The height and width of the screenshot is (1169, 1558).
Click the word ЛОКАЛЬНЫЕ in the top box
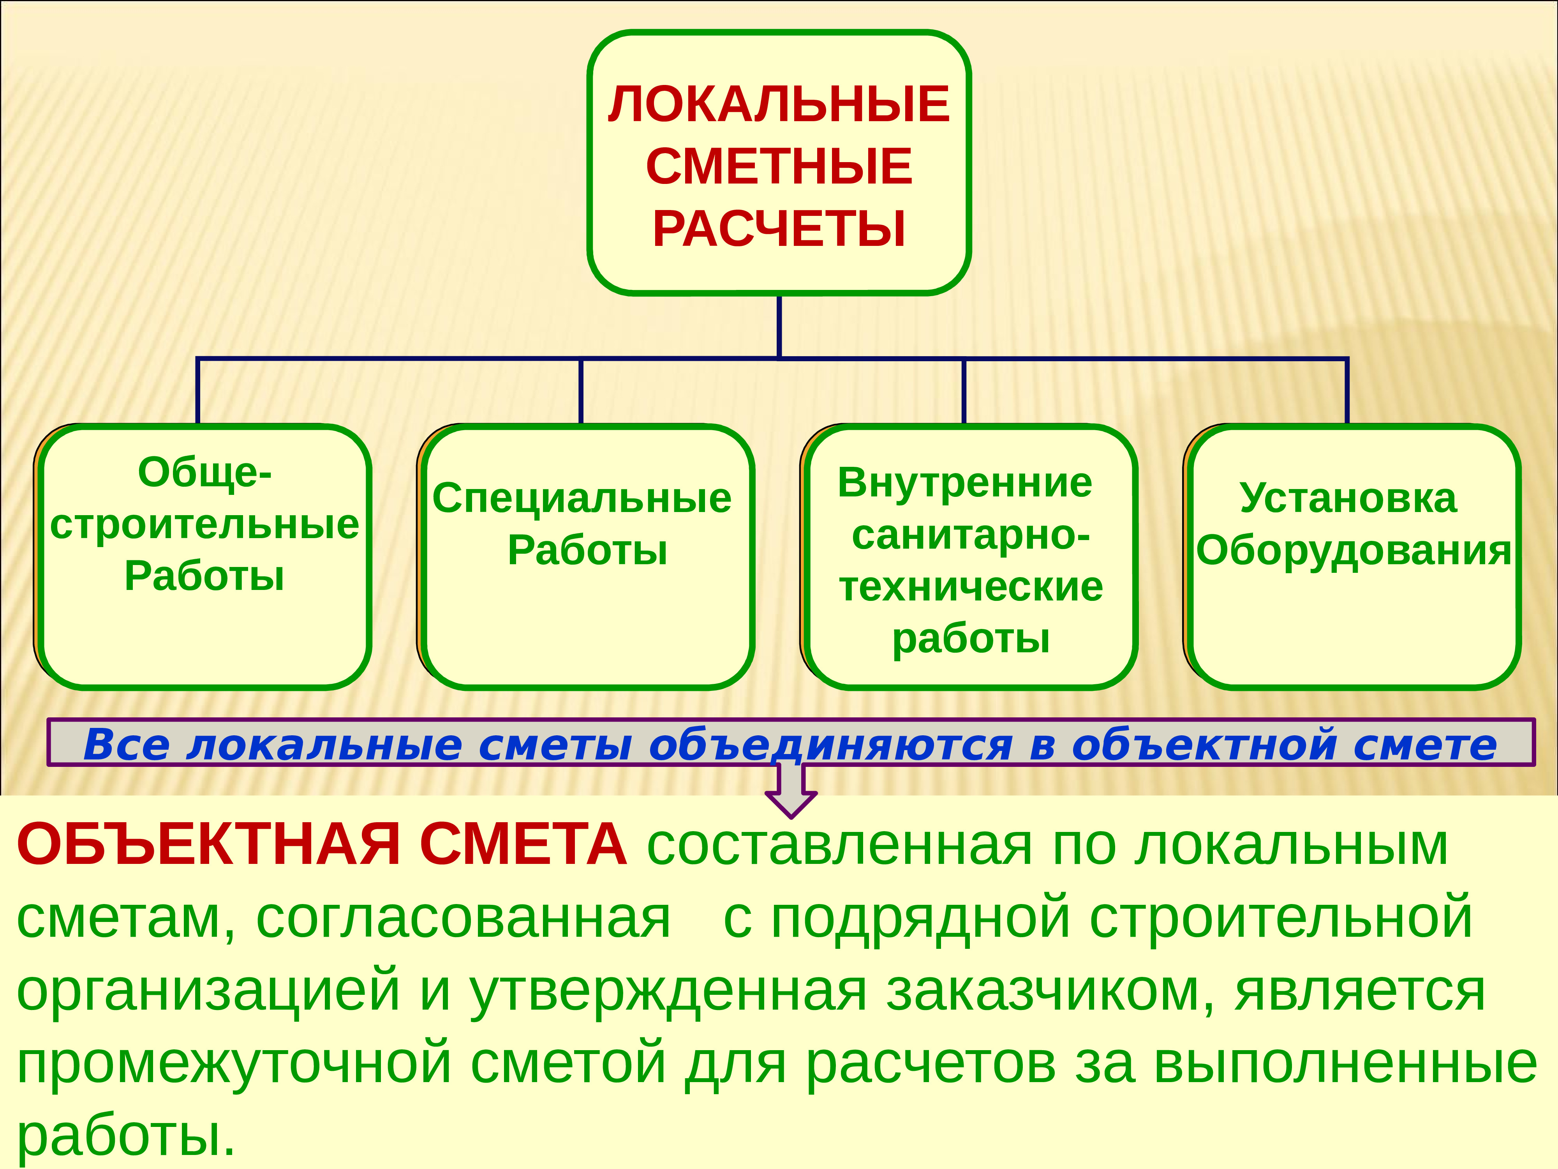pyautogui.click(x=779, y=104)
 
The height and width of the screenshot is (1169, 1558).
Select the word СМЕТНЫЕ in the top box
pyautogui.click(x=779, y=167)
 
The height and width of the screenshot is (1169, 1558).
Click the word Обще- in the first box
pyautogui.click(x=204, y=472)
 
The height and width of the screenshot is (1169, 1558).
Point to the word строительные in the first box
pyautogui.click(x=204, y=525)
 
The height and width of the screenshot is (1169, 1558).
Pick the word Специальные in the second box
pyautogui.click(x=582, y=499)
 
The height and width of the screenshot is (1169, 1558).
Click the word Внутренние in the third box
pyautogui.click(x=965, y=484)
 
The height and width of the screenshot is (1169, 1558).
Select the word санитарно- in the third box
pyautogui.click(x=971, y=535)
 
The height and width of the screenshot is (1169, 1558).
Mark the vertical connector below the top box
pyautogui.click(x=779, y=325)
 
